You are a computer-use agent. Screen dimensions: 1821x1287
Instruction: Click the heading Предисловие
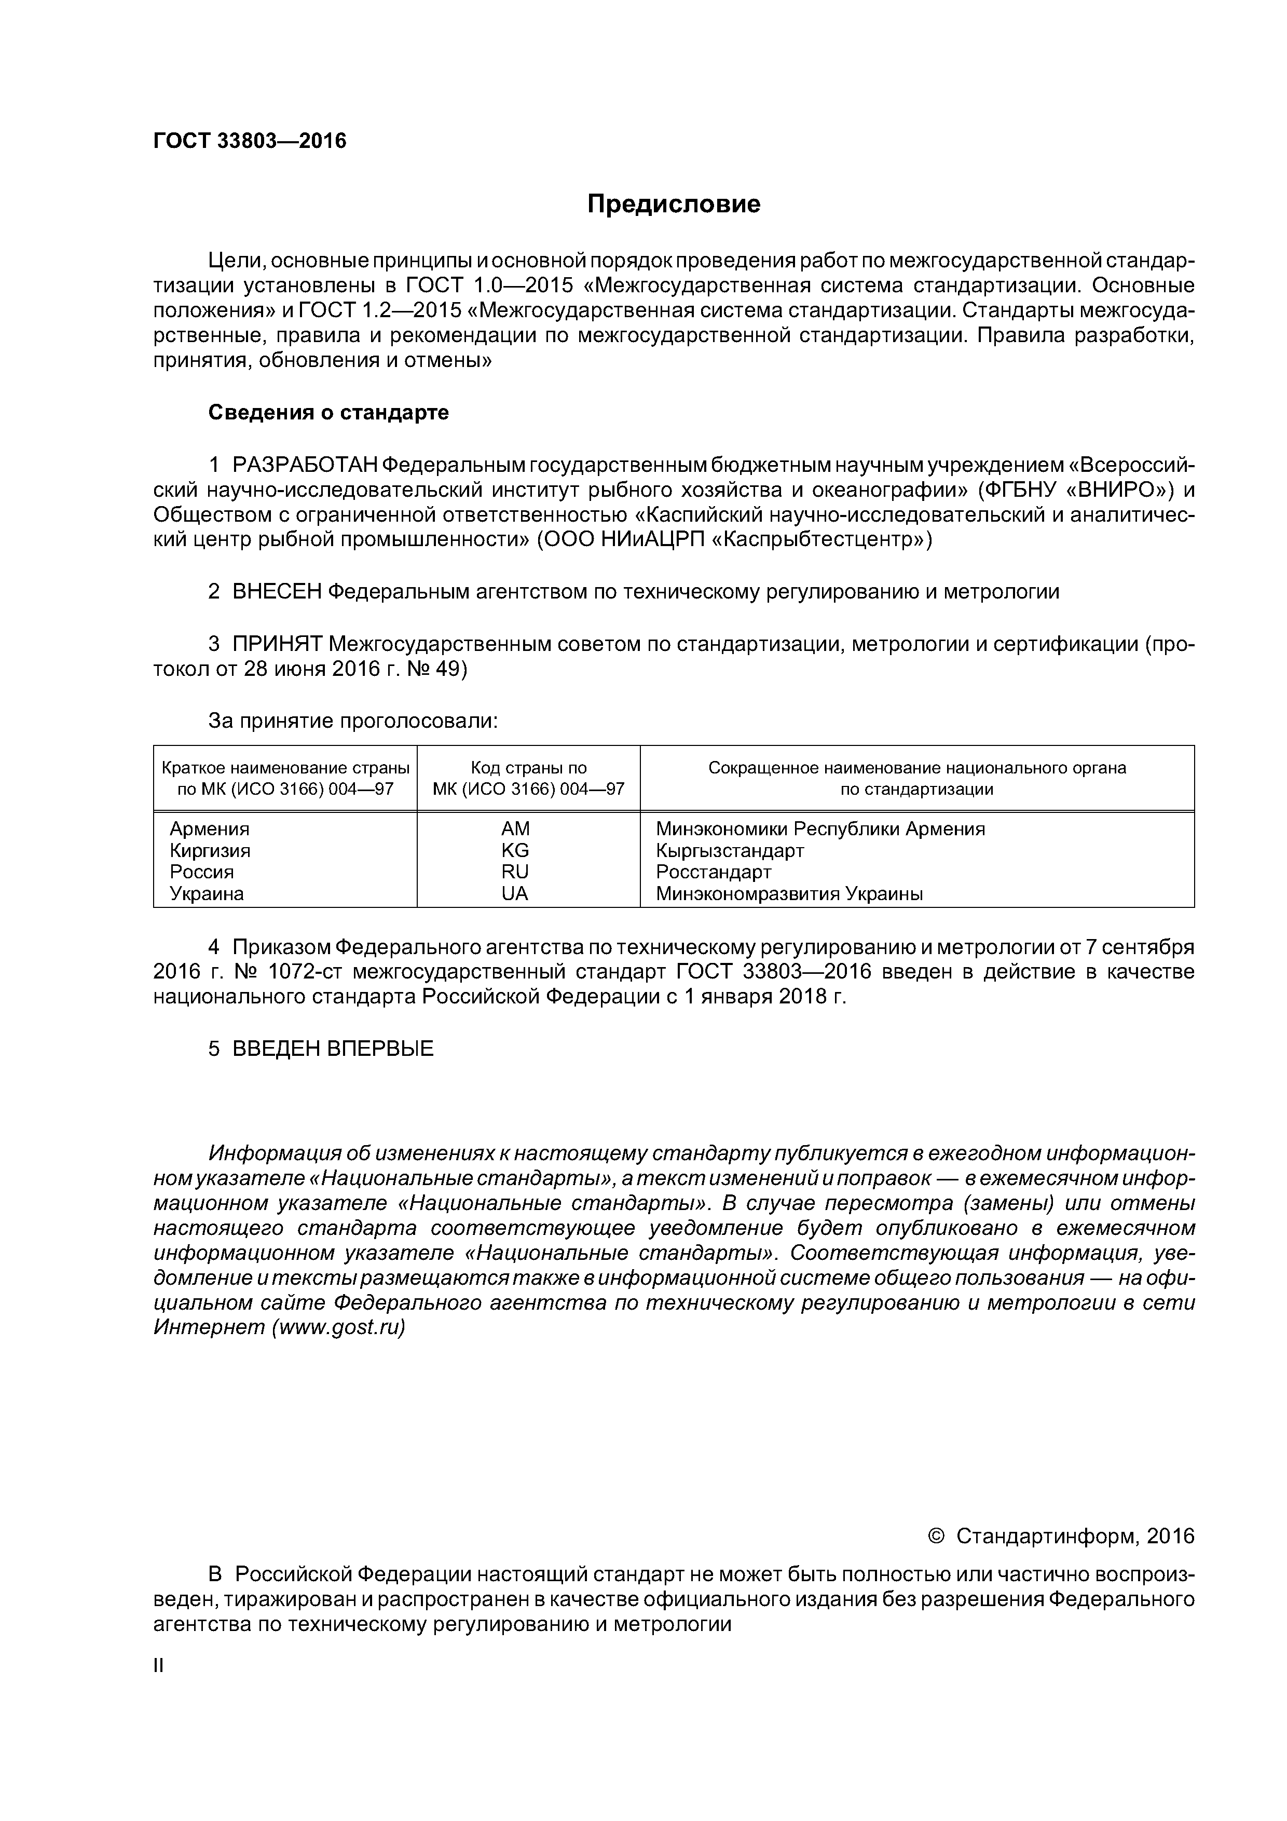point(673,205)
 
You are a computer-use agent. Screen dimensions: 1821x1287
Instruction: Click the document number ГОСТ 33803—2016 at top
point(250,141)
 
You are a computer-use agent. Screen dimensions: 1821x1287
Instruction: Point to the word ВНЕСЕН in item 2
point(277,592)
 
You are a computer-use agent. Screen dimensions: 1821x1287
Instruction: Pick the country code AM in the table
point(515,829)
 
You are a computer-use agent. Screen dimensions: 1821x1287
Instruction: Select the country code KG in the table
point(515,850)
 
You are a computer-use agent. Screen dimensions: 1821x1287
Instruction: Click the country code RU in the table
point(515,872)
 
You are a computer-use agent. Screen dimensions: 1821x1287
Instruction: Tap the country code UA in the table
point(515,894)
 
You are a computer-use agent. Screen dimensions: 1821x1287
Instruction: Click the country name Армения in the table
point(209,829)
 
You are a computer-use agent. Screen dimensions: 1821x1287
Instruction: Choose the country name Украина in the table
point(207,894)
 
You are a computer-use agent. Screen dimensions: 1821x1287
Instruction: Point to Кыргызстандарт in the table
point(730,850)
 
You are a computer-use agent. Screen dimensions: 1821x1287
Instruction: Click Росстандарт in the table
point(713,872)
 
